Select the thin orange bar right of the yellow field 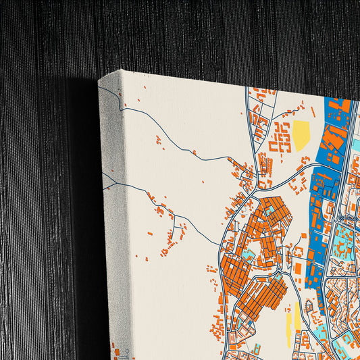(313, 111)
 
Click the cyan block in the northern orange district (271, 211)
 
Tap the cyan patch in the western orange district (248, 255)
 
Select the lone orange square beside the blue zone (297, 269)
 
